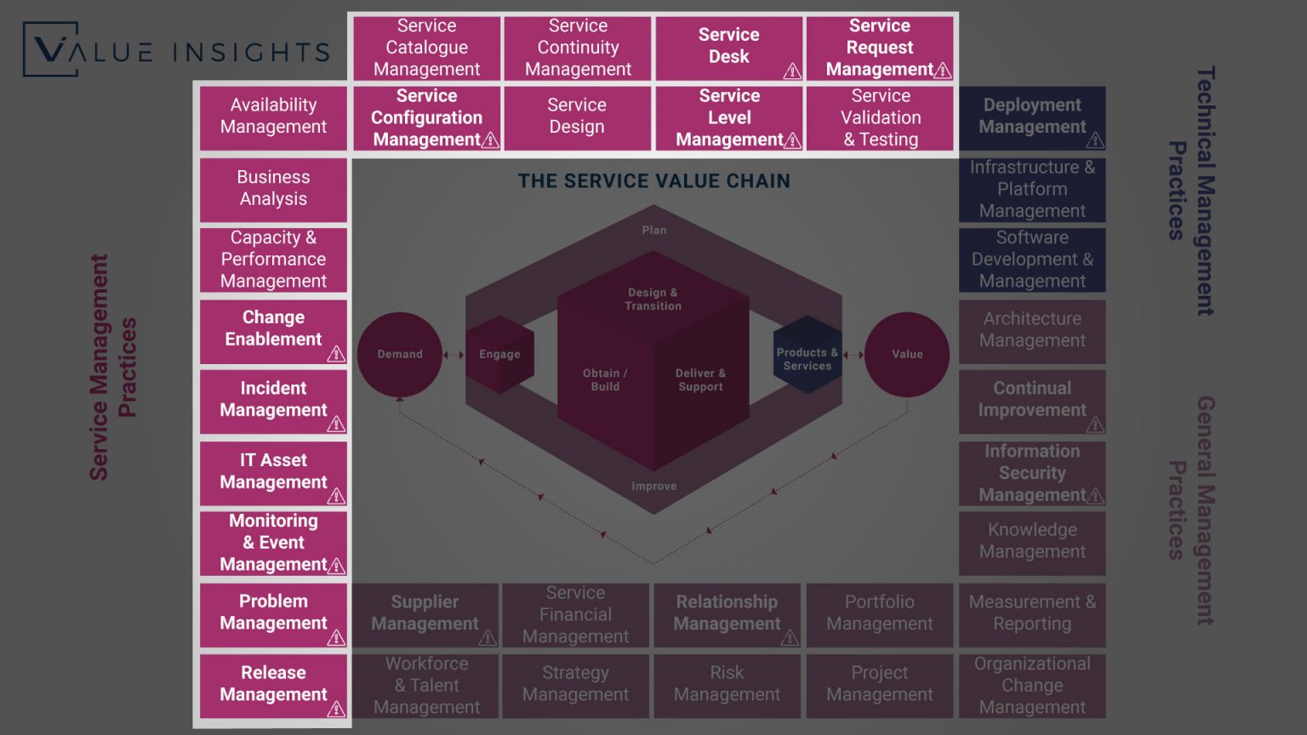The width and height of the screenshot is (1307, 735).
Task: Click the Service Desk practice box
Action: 729,47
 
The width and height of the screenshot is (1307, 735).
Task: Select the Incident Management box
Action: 273,400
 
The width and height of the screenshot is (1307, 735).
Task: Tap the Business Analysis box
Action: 273,188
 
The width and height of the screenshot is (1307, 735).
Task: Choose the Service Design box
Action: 577,117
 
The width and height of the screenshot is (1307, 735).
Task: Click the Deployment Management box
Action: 1032,117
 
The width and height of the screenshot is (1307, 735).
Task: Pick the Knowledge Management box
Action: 1032,541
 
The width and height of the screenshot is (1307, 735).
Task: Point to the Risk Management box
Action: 727,684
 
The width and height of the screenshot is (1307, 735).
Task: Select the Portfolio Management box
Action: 879,613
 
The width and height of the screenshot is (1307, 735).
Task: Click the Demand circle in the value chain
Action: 399,354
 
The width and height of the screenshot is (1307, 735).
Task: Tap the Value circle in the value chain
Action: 907,354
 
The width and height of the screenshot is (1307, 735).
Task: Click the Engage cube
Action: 499,354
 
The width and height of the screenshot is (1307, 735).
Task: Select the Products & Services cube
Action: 807,358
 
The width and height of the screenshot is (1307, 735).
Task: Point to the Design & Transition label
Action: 653,299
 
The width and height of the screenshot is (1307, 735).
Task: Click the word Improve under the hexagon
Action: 653,487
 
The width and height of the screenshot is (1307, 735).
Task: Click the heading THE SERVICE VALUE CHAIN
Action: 653,181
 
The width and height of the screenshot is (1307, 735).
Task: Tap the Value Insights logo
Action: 176,51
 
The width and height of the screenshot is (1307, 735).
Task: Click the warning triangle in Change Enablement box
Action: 336,353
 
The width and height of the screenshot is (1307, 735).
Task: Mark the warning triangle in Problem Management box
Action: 336,637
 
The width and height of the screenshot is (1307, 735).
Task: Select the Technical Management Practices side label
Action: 1191,191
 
